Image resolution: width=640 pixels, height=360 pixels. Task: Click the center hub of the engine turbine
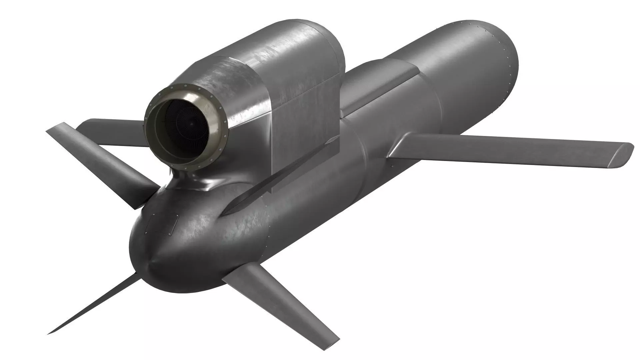191,124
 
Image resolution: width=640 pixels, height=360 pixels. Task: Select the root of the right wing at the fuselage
400,147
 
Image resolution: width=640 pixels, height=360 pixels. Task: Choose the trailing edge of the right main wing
500,162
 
